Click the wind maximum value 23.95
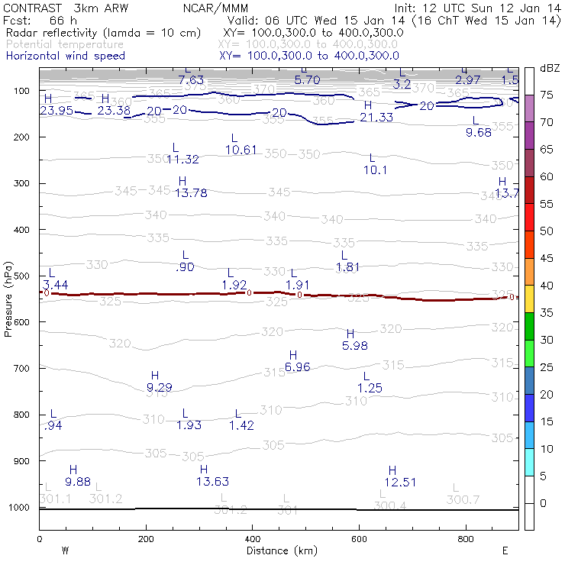pyautogui.click(x=56, y=110)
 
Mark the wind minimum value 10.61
pyautogui.click(x=242, y=150)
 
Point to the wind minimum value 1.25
pyautogui.click(x=370, y=389)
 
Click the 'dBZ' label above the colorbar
pyautogui.click(x=550, y=68)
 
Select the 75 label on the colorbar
pyautogui.click(x=547, y=95)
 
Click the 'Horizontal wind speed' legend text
pyautogui.click(x=65, y=56)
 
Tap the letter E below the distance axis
pyautogui.click(x=505, y=550)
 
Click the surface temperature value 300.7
pyautogui.click(x=463, y=499)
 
